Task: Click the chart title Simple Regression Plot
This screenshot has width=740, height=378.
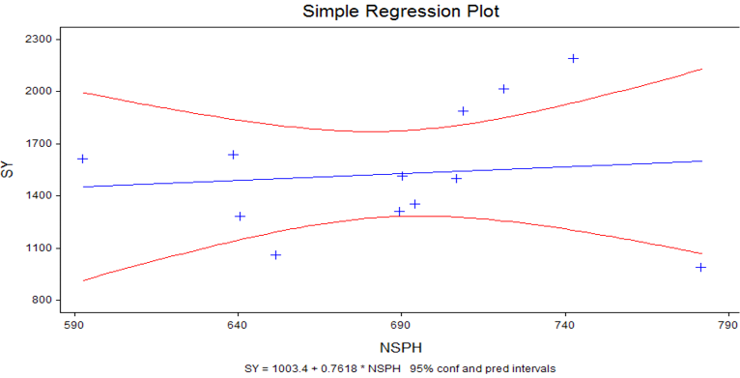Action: click(x=401, y=12)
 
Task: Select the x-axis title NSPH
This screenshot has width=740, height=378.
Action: click(x=401, y=348)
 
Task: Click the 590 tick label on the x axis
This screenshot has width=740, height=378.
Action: click(x=74, y=327)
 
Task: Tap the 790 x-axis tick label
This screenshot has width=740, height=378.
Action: click(x=729, y=327)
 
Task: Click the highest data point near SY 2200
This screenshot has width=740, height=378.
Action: click(x=574, y=58)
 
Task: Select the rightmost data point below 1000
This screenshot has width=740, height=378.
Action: click(x=700, y=268)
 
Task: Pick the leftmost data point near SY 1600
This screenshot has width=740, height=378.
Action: click(x=82, y=159)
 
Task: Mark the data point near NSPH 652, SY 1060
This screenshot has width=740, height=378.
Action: click(x=276, y=255)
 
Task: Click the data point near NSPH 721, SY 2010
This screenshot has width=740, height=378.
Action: click(x=503, y=89)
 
